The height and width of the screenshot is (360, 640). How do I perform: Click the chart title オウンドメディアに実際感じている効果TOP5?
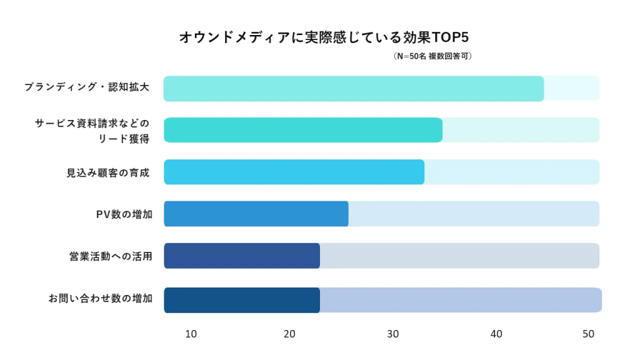point(324,37)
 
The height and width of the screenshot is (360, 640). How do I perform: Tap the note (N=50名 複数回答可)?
point(432,56)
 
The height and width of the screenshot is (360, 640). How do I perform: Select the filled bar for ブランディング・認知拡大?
point(354,88)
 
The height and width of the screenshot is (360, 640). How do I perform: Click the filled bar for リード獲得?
point(303,130)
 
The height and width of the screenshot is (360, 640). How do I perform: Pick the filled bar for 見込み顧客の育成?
point(294,172)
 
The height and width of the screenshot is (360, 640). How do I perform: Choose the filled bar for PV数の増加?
point(256,214)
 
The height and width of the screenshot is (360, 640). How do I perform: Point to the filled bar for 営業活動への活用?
point(242,256)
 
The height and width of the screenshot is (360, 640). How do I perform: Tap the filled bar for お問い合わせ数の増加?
point(242,300)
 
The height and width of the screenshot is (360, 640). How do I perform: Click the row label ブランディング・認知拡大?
point(87,87)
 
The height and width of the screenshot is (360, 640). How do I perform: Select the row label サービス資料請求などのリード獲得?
point(92,131)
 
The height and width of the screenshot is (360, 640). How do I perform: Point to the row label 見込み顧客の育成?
point(108,172)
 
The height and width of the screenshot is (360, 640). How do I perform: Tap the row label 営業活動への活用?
point(111,256)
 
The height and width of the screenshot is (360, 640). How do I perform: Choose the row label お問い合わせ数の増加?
point(100,299)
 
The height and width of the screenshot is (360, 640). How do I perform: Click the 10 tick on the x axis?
point(191,334)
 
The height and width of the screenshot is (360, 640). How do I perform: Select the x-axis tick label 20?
point(289,334)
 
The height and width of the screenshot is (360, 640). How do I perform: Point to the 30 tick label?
point(393,334)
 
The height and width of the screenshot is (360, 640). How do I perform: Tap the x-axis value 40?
point(496,334)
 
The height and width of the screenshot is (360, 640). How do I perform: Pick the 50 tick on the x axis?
point(588,334)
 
